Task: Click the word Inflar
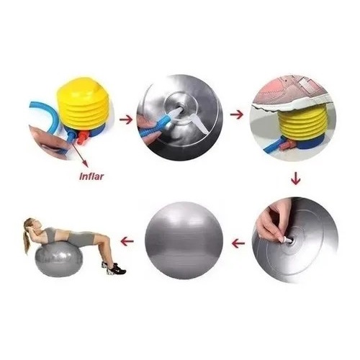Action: (91, 176)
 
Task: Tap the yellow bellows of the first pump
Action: (84, 104)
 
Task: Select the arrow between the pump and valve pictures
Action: (126, 120)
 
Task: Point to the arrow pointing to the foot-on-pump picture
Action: (237, 114)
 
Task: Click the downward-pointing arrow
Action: (295, 178)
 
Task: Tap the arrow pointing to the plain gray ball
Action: (238, 244)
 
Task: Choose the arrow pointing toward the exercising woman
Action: (127, 241)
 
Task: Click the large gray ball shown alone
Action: (184, 240)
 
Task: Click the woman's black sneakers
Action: (114, 269)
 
